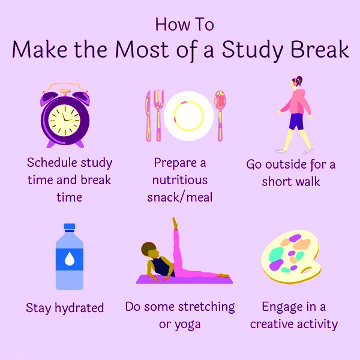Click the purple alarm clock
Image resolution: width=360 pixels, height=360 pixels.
pos(65,118)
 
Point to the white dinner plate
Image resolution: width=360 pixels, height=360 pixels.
pos(188,115)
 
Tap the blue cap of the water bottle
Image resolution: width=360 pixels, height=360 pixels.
pos(70,227)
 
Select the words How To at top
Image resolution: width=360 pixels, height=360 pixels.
pos(184,24)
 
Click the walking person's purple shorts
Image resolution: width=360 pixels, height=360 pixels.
pos(295,122)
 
